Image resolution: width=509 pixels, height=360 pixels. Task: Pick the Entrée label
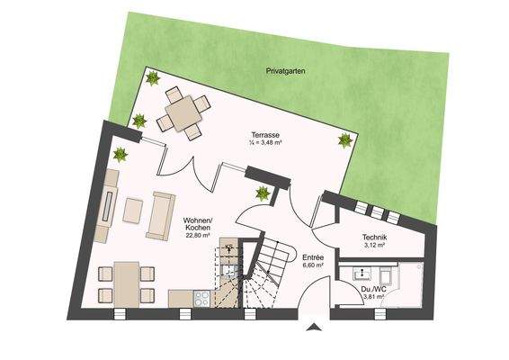[x=313, y=256]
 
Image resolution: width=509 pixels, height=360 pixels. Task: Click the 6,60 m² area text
[x=313, y=266]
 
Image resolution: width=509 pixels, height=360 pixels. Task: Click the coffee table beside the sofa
[x=133, y=211]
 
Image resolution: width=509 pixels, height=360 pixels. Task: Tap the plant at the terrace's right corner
[x=344, y=139]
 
